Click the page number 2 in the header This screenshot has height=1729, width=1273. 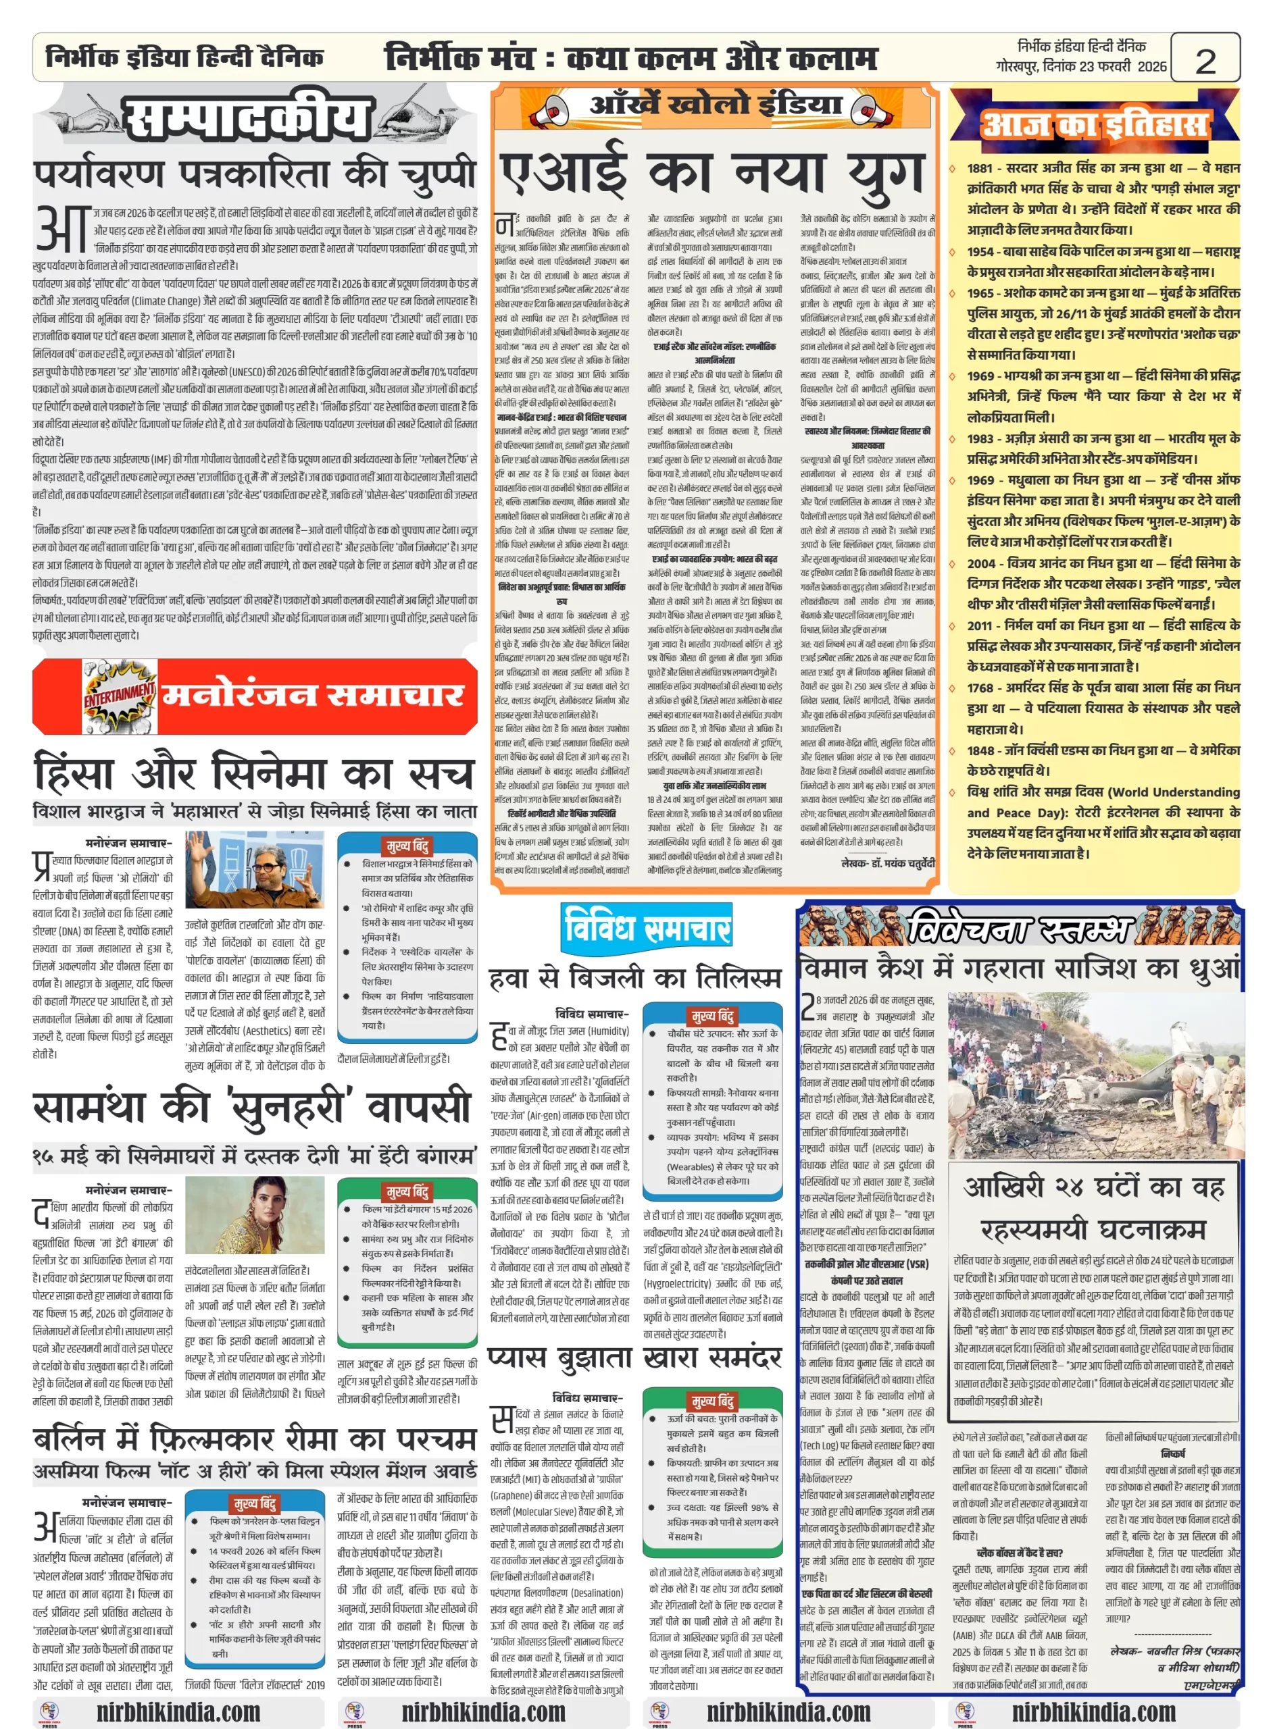click(x=1205, y=61)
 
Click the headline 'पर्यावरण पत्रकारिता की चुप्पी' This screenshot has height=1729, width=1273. click(x=254, y=174)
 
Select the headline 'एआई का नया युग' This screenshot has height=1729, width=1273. click(x=712, y=174)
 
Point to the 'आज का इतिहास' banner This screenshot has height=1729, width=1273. click(x=1093, y=123)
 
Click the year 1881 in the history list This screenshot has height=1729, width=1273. click(x=980, y=168)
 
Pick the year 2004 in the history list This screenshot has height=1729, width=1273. click(x=980, y=563)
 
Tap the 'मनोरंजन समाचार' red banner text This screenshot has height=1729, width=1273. click(x=313, y=696)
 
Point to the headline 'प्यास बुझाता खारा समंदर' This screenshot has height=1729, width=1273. click(x=635, y=1356)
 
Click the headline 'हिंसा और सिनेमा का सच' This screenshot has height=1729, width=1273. click(x=254, y=773)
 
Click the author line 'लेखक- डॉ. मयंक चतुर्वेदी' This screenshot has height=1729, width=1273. click(x=888, y=863)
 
